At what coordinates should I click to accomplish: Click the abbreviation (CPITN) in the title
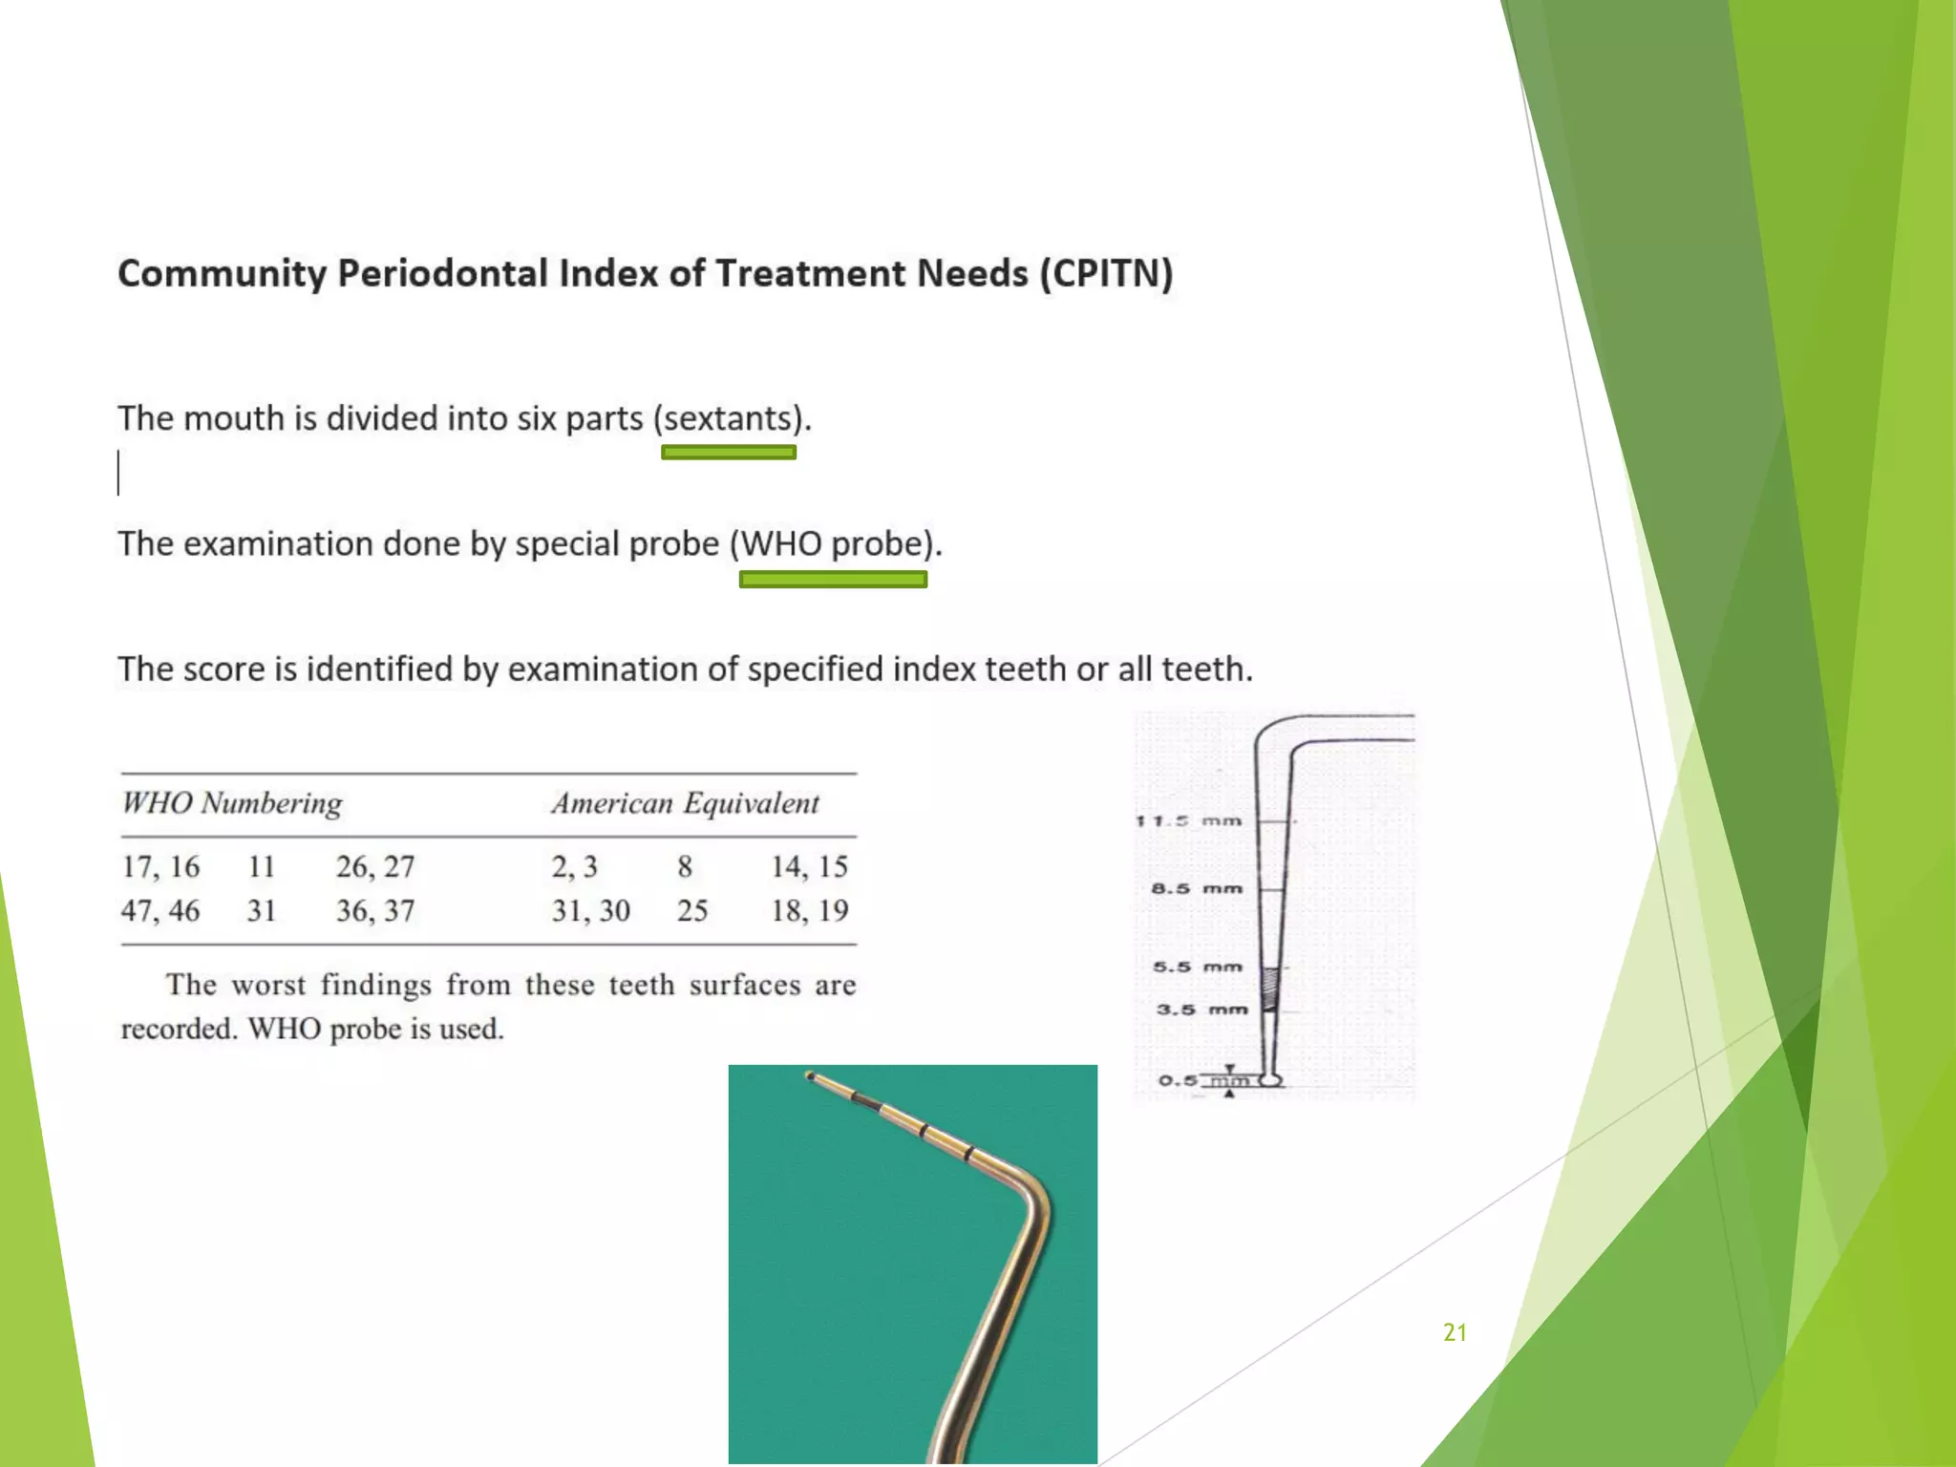point(1106,274)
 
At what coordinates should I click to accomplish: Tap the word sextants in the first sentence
point(730,419)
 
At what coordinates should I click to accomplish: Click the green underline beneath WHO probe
point(833,579)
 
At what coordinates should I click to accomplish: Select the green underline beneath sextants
point(729,453)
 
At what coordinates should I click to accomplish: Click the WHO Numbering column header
point(231,803)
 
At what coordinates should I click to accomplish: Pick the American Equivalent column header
point(685,803)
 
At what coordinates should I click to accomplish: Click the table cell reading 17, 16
point(160,866)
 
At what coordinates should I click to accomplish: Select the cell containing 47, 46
point(160,910)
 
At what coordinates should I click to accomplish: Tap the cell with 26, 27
point(375,866)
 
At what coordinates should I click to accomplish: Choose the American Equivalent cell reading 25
point(692,910)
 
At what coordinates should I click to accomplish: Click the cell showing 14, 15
point(809,866)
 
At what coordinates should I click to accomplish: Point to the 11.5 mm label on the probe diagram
point(1189,820)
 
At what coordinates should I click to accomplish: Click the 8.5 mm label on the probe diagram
point(1197,888)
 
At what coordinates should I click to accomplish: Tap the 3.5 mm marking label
point(1201,1010)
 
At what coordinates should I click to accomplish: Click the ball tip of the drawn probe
point(1270,1079)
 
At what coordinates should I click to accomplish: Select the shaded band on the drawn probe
point(1270,989)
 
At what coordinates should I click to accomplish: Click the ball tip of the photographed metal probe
point(810,1076)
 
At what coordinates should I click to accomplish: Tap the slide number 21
point(1455,1332)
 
